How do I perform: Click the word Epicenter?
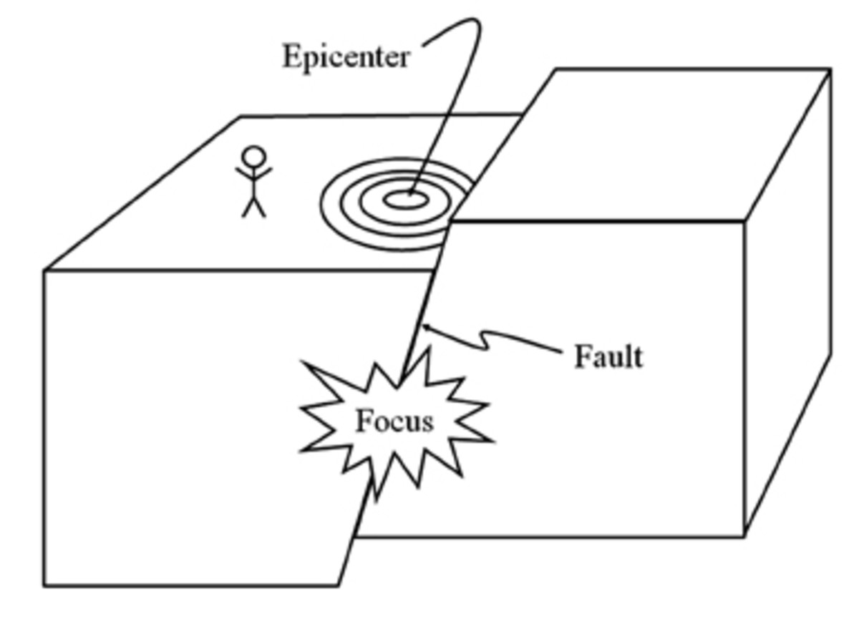coord(346,57)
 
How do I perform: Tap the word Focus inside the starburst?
coord(394,421)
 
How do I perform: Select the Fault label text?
coord(608,356)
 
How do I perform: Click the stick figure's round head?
coord(254,157)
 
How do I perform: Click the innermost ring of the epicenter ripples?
coord(405,200)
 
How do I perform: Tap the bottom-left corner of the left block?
coord(44,586)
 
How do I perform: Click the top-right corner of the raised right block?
coord(830,69)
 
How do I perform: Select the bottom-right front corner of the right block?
coord(744,535)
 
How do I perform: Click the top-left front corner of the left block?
coord(45,270)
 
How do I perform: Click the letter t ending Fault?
coord(638,356)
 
